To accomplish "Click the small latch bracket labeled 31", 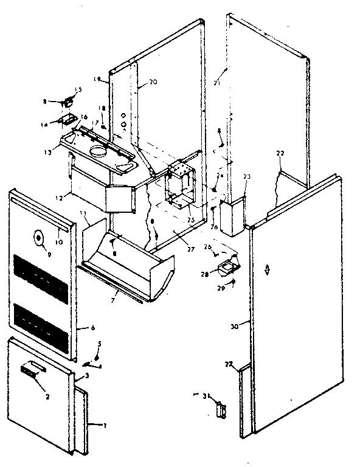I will pos(222,409).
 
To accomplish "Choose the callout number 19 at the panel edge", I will pos(97,78).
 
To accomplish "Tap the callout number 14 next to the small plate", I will pos(60,124).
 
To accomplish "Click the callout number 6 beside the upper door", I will pos(92,328).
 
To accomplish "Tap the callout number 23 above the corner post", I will pos(246,177).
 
